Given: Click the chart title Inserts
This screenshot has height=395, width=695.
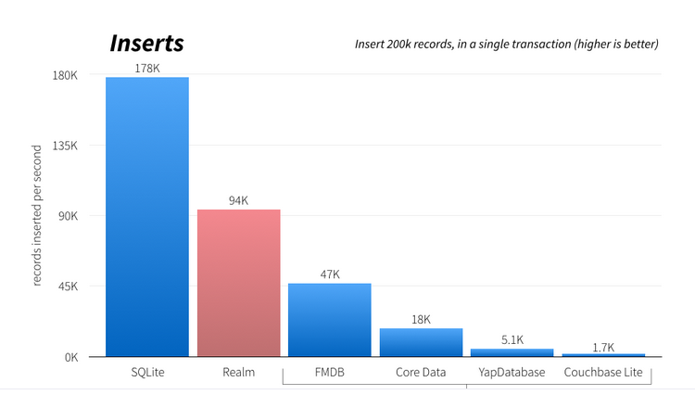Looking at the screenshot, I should pyautogui.click(x=146, y=44).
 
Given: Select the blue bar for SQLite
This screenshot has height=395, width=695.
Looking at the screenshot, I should pyautogui.click(x=147, y=217).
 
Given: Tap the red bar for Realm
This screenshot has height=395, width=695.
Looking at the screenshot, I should pyautogui.click(x=238, y=283).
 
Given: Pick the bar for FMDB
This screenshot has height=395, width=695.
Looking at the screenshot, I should pyautogui.click(x=329, y=320).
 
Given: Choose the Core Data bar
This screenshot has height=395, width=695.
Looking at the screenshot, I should pyautogui.click(x=421, y=342).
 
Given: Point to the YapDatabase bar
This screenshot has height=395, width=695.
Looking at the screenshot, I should pyautogui.click(x=512, y=352).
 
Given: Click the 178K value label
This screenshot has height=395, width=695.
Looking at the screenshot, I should pyautogui.click(x=147, y=69).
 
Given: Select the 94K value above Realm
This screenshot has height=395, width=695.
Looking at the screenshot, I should pyautogui.click(x=238, y=200).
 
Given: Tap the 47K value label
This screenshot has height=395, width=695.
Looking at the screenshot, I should pyautogui.click(x=329, y=274).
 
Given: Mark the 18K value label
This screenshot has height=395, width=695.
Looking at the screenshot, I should pyautogui.click(x=421, y=319).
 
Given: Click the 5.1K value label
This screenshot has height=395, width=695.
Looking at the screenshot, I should pyautogui.click(x=512, y=340).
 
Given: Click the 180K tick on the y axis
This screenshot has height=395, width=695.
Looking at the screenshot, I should pyautogui.click(x=65, y=75).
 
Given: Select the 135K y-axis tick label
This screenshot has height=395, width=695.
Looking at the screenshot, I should pyautogui.click(x=65, y=146).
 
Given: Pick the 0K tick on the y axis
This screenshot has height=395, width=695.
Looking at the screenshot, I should pyautogui.click(x=70, y=357).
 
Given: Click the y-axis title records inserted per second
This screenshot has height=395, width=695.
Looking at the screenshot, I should pyautogui.click(x=38, y=215).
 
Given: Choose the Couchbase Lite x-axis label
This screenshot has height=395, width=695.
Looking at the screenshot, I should pyautogui.click(x=603, y=373).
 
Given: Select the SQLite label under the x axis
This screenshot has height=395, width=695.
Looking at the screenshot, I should pyautogui.click(x=147, y=373).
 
